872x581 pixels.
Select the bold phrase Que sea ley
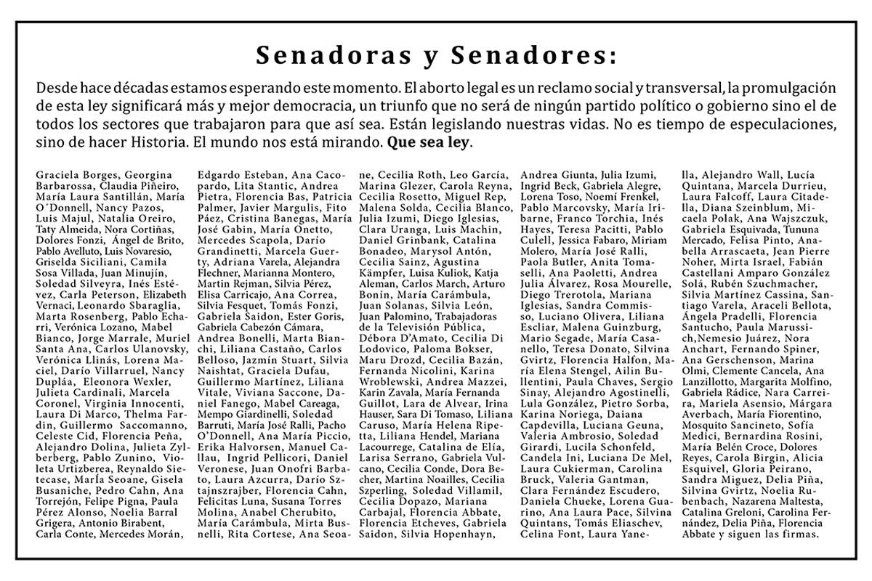pyautogui.click(x=430, y=142)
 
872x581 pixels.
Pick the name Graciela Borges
pyautogui.click(x=78, y=174)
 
